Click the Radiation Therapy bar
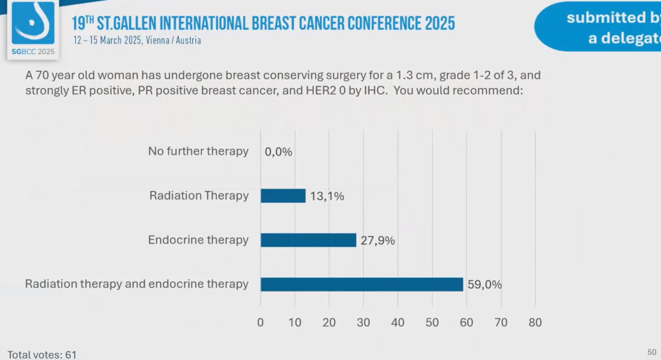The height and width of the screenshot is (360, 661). point(283,196)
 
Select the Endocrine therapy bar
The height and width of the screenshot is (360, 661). point(308,240)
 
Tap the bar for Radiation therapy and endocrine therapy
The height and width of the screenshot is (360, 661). point(362,284)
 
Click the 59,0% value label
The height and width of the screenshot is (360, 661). point(484,284)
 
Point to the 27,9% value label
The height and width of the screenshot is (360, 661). point(377,241)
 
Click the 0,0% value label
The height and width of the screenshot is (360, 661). point(278,152)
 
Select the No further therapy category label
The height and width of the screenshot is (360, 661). point(198,151)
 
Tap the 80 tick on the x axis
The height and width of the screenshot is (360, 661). point(535,322)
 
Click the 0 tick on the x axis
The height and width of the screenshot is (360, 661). point(261,322)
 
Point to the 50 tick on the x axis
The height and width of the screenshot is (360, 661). point(432,322)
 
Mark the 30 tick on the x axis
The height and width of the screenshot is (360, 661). point(364,322)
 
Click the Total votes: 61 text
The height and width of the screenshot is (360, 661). point(42,354)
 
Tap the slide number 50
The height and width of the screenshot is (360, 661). point(652,351)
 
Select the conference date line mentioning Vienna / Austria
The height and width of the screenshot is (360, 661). point(137,40)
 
